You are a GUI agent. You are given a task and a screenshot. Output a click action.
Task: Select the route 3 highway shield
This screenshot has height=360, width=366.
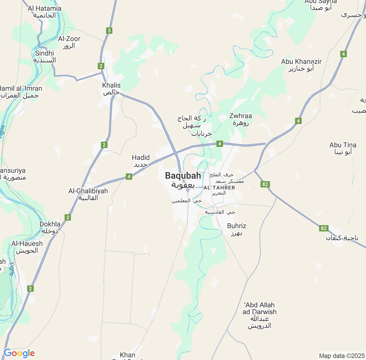tap(109, 31)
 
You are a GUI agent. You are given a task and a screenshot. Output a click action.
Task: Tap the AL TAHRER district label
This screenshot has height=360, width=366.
tap(219, 188)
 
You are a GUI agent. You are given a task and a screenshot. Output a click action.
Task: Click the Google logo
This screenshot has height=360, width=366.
tap(19, 353)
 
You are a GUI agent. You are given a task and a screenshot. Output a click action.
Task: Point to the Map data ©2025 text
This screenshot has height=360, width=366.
tap(341, 356)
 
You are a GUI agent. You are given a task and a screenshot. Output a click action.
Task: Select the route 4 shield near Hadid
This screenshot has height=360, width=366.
tap(129, 177)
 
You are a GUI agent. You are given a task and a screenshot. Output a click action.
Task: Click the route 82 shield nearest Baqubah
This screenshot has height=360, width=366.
tap(265, 184)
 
